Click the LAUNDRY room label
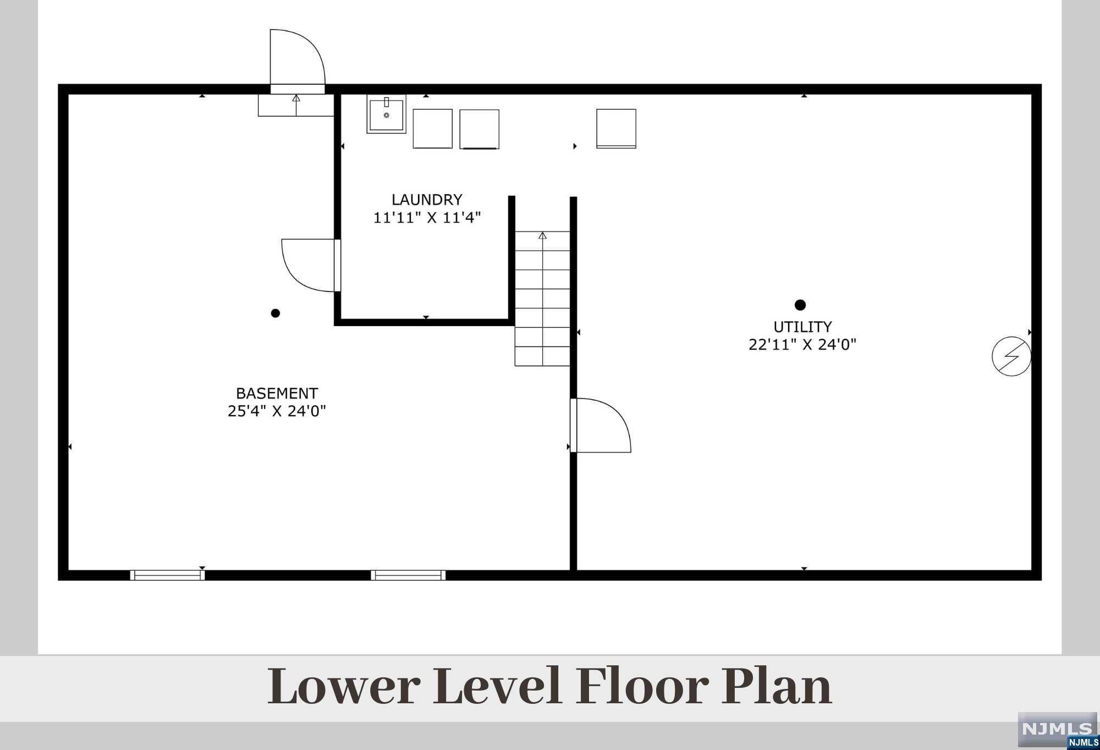(427, 200)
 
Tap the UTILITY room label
(802, 327)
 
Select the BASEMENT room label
(277, 394)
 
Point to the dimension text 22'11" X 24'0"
(802, 345)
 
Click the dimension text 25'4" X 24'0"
(277, 411)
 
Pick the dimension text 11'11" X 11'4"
(427, 218)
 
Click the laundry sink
(387, 114)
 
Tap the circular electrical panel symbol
(1011, 356)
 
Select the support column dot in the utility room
(800, 305)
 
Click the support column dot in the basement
(276, 313)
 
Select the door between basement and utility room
(601, 425)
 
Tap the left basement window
(167, 575)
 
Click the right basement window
(408, 575)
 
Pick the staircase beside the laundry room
(542, 299)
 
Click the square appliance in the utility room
(617, 129)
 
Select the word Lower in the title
(344, 687)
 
